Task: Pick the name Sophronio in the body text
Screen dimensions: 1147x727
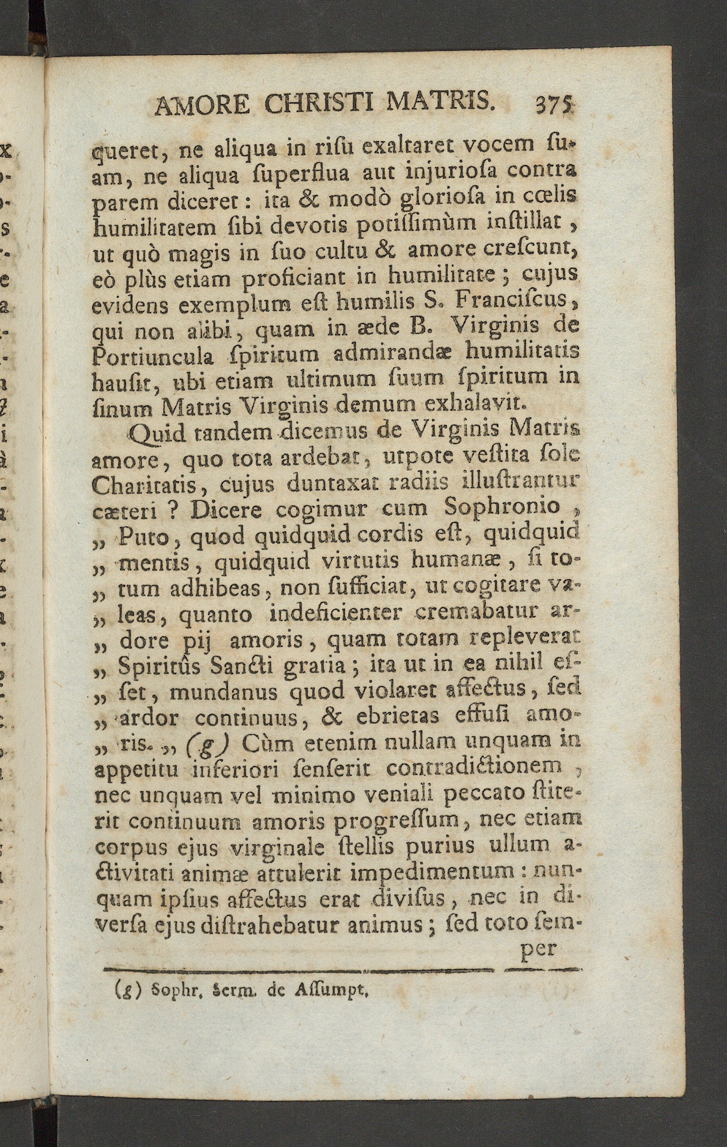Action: pyautogui.click(x=502, y=508)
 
